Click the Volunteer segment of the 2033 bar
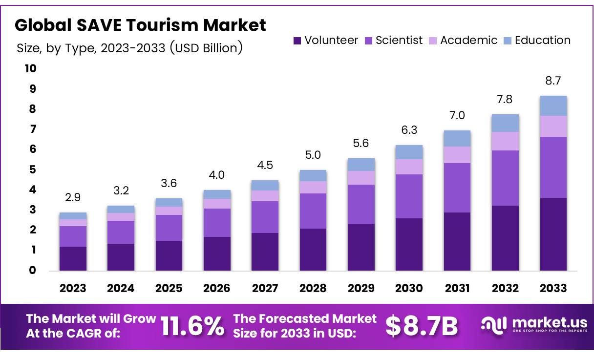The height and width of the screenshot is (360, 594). [553, 234]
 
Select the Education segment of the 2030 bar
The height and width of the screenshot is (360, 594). [409, 152]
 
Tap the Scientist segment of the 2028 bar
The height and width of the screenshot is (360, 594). [313, 211]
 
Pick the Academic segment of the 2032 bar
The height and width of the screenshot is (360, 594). [505, 141]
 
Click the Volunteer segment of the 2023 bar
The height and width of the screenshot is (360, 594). [73, 258]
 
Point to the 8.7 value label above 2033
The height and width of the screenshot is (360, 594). [553, 81]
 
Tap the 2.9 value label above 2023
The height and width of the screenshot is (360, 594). [73, 198]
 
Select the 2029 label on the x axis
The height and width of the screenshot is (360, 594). [361, 288]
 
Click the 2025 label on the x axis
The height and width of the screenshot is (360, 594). [169, 288]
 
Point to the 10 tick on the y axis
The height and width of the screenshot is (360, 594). [30, 68]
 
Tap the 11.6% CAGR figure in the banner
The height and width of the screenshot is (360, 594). [192, 326]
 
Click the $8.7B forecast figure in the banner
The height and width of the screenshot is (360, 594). [422, 326]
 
